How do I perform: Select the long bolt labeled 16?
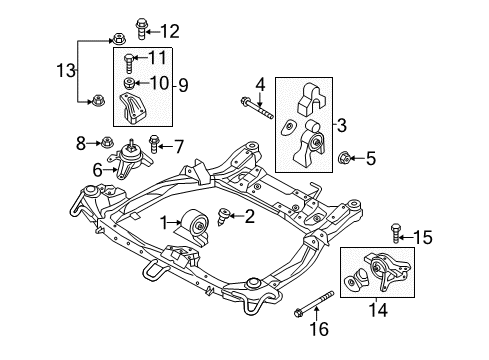click(318, 305)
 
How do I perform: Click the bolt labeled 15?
click(397, 235)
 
